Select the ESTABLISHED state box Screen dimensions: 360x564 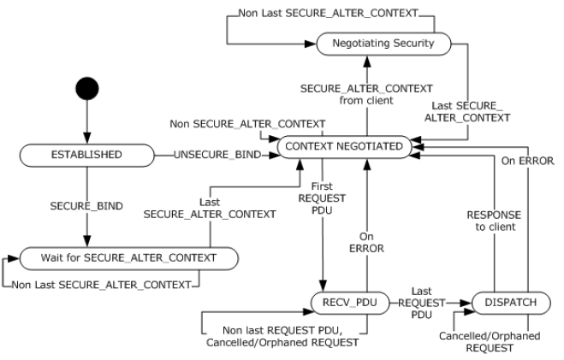[x=87, y=156]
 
